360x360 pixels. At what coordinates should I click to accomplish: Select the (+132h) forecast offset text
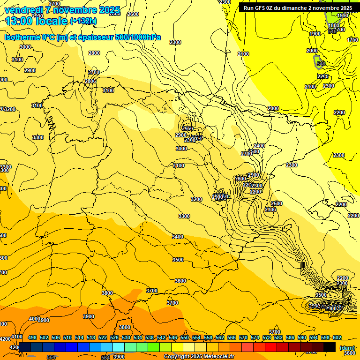(83, 21)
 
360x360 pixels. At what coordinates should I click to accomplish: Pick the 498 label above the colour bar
(32, 337)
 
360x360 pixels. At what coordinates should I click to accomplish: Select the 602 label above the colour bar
(337, 337)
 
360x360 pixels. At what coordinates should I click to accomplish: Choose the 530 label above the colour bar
(126, 337)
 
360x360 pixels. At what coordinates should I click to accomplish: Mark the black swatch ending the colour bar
(330, 347)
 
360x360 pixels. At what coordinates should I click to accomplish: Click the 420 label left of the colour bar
(14, 347)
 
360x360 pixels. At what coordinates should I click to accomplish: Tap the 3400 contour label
(178, 237)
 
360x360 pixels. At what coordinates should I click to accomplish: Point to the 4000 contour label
(34, 319)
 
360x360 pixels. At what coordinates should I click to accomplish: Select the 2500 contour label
(277, 203)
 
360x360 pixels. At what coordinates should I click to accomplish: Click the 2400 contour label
(259, 146)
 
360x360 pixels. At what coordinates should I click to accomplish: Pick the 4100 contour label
(17, 337)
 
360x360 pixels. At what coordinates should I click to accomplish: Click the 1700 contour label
(352, 40)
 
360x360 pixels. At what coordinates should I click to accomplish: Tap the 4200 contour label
(5, 339)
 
